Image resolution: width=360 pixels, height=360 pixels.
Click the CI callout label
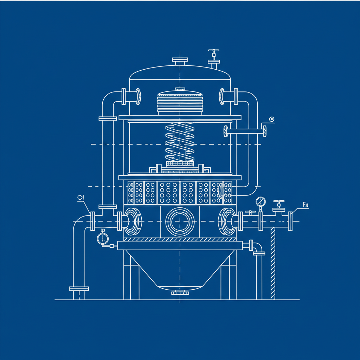[x=81, y=198]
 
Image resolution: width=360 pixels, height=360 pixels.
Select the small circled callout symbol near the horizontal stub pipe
[x=271, y=120]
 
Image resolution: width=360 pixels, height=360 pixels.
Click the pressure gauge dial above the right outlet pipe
[x=261, y=201]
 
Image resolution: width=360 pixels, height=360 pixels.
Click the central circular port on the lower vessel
[x=180, y=221]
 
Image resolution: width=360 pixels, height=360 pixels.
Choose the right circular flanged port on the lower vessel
[x=227, y=221]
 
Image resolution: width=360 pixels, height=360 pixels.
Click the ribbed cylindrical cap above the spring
[x=180, y=102]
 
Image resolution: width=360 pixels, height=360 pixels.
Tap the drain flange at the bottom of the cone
[x=180, y=292]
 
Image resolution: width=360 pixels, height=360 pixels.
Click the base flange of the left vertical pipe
[x=79, y=289]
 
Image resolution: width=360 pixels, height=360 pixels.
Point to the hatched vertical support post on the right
[x=273, y=264]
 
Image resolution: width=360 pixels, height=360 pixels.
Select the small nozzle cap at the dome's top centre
[x=180, y=61]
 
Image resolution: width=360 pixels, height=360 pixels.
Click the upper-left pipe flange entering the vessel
[x=124, y=96]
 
